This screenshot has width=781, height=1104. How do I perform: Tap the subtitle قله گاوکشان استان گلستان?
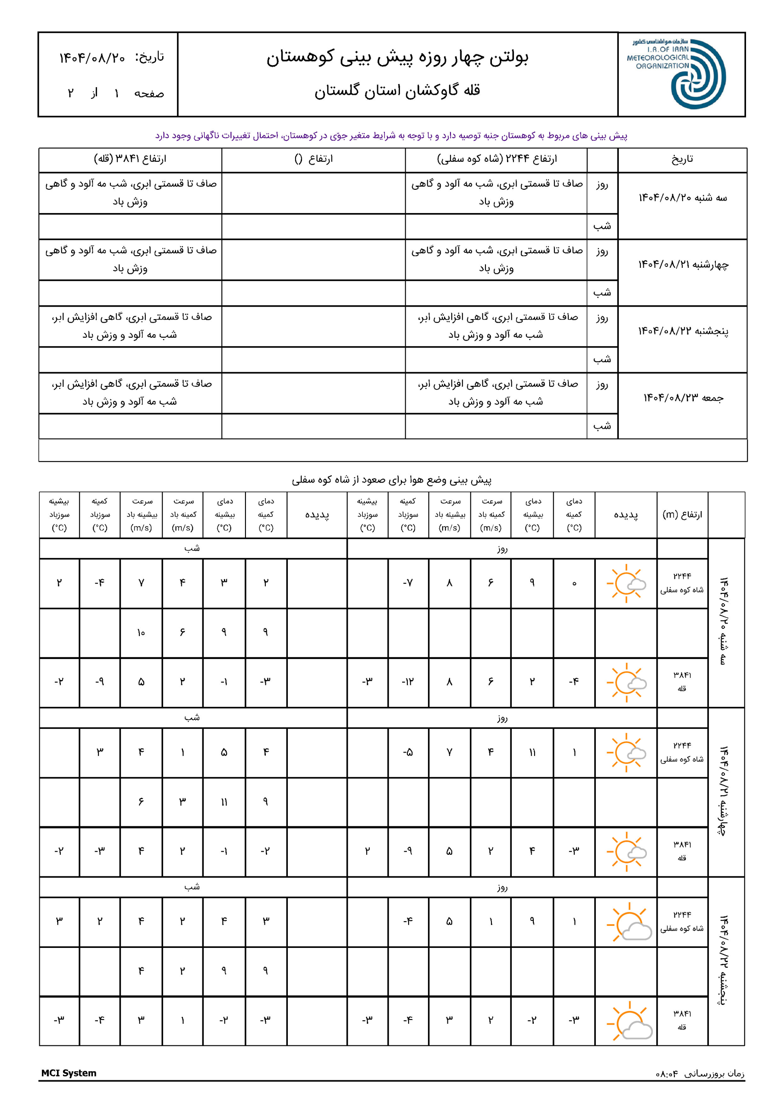397,91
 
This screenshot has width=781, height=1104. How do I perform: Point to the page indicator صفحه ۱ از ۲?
116,93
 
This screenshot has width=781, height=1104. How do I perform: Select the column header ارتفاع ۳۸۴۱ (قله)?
130,159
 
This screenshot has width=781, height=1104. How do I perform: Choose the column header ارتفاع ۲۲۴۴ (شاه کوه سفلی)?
497,159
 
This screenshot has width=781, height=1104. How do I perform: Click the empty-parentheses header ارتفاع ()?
313,159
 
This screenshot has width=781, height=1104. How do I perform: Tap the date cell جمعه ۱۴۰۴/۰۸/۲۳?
683,398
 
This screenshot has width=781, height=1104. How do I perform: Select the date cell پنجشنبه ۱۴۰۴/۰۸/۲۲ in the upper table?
683,331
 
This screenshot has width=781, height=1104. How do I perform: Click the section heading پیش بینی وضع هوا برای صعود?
391,480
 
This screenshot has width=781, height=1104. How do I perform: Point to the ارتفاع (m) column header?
682,514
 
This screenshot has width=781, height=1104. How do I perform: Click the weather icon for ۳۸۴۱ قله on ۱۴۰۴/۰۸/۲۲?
627,1020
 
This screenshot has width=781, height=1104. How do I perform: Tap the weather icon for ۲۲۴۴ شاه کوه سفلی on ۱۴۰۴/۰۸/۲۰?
626,583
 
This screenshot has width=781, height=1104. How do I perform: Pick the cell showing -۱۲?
408,682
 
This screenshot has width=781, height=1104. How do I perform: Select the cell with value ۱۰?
141,633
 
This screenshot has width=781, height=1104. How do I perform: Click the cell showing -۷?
408,583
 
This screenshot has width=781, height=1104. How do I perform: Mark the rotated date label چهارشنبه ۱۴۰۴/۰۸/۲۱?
723,791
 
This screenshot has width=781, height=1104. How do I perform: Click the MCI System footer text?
69,1073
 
